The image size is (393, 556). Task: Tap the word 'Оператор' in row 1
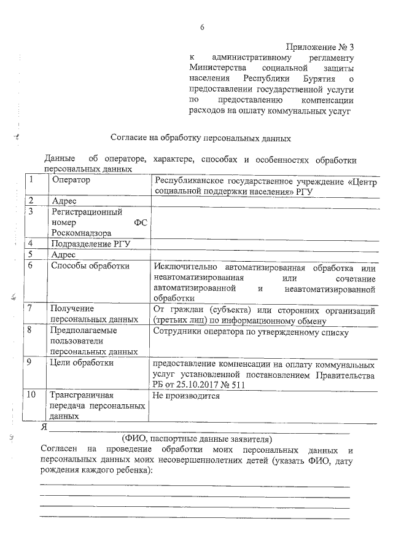point(71,180)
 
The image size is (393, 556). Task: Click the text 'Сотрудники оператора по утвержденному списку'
point(251,333)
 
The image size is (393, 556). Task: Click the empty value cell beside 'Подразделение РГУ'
point(264,244)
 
